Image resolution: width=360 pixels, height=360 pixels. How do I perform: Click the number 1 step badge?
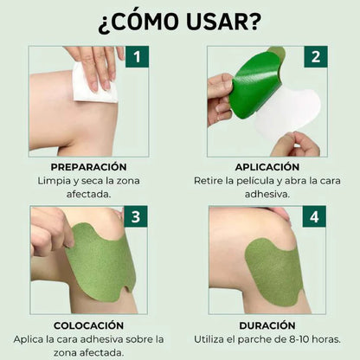[x=136, y=57]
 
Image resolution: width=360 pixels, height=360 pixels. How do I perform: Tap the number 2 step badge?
[x=315, y=57]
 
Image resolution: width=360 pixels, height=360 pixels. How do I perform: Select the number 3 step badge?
[x=136, y=216]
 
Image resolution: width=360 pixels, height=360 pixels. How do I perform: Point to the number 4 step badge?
[x=315, y=216]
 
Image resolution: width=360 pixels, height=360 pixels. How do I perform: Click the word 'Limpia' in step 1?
[x=55, y=180]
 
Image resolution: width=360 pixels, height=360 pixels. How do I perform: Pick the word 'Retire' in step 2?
[x=210, y=180]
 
